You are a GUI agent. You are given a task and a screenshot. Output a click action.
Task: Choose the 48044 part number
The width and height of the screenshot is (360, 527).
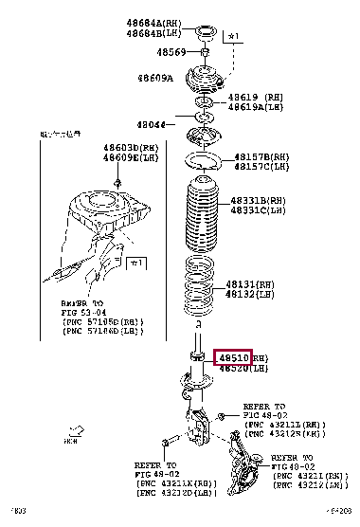[x=151, y=124]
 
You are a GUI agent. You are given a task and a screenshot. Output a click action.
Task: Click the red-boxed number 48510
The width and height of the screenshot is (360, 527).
[x=233, y=357]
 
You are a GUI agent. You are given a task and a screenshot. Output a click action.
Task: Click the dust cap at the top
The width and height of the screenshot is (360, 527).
[x=202, y=35]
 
